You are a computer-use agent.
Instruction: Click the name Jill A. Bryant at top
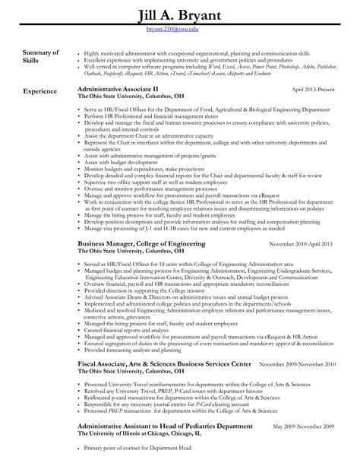(x=180, y=17)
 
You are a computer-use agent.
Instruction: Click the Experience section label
(x=39, y=91)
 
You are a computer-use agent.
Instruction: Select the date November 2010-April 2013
(x=302, y=244)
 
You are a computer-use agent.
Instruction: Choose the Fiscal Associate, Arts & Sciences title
(x=164, y=366)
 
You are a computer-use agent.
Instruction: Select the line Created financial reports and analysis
(x=127, y=331)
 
